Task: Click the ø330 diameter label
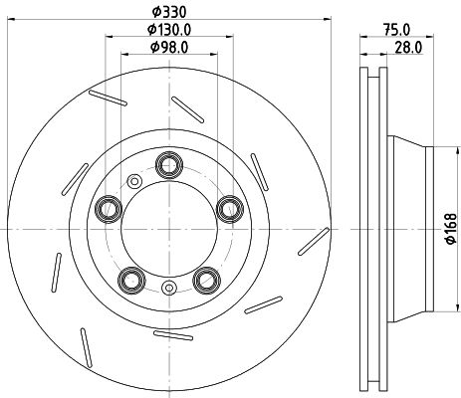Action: click(x=167, y=13)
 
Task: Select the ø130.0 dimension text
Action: click(x=167, y=31)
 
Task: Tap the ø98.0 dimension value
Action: click(x=167, y=47)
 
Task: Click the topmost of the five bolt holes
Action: click(x=168, y=164)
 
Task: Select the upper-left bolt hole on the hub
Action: click(x=107, y=208)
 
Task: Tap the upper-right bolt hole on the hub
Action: click(x=230, y=208)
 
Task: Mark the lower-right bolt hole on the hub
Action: click(x=206, y=279)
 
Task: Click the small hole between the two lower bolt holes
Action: click(x=168, y=290)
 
